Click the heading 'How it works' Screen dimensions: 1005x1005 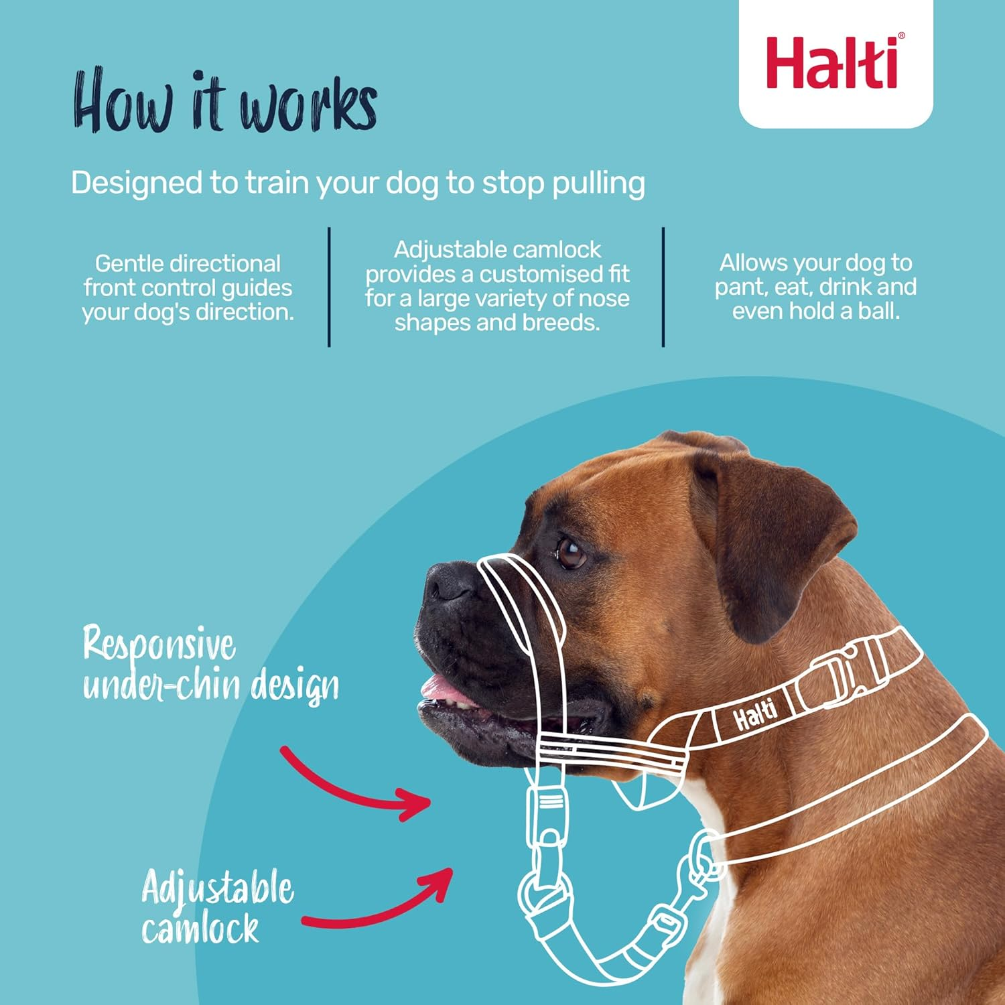click(x=224, y=103)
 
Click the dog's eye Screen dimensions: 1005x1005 click(x=571, y=554)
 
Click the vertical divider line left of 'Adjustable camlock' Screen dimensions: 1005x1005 click(x=329, y=287)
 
